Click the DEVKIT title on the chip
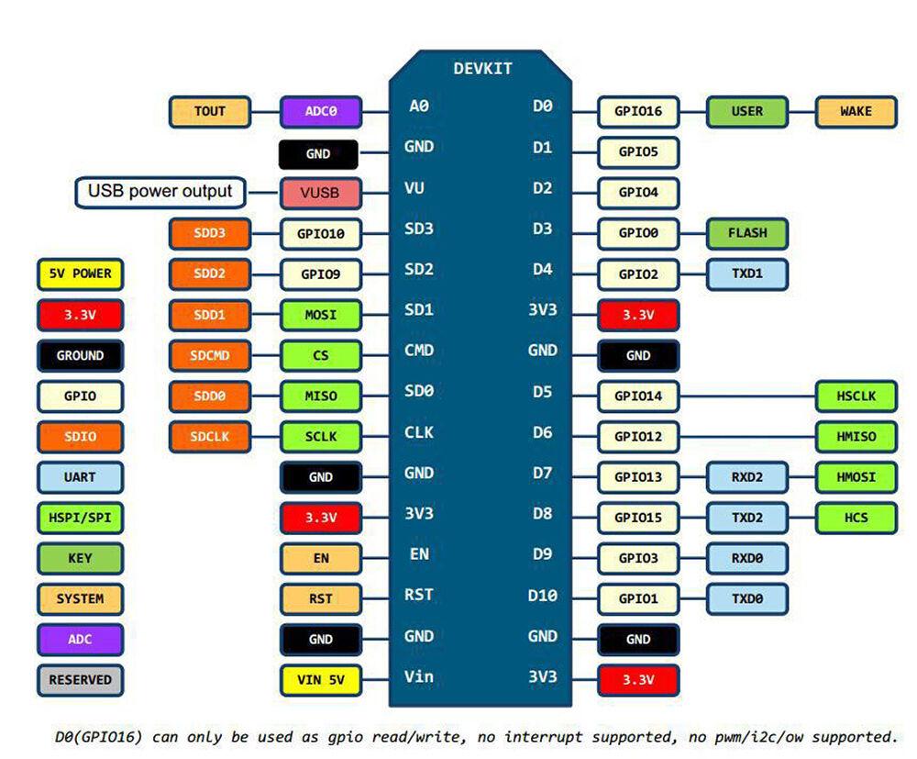point(482,69)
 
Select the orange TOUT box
point(210,112)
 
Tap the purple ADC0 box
point(320,112)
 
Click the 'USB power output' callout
point(160,192)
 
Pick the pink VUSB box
point(320,193)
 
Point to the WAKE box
point(856,112)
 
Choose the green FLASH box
point(746,233)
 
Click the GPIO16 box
point(638,112)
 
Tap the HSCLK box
point(856,396)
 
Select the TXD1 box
point(746,274)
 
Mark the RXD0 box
point(746,559)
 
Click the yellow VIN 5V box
point(320,680)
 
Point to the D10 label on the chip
point(542,596)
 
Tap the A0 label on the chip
point(419,106)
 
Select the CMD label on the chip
point(419,351)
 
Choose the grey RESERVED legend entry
point(80,680)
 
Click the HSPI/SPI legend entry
point(80,518)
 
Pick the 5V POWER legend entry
point(80,274)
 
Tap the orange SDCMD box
point(210,355)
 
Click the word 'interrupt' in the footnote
point(543,737)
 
